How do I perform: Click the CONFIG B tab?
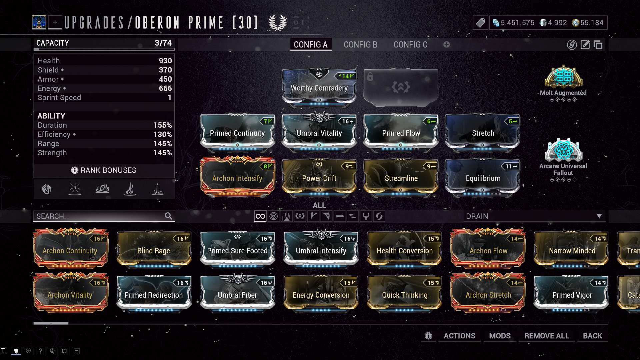360,45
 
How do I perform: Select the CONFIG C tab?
410,45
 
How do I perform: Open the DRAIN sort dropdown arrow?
599,216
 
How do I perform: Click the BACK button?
592,336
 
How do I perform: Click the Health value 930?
165,61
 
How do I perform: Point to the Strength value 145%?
163,153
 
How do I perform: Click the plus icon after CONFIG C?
447,44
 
